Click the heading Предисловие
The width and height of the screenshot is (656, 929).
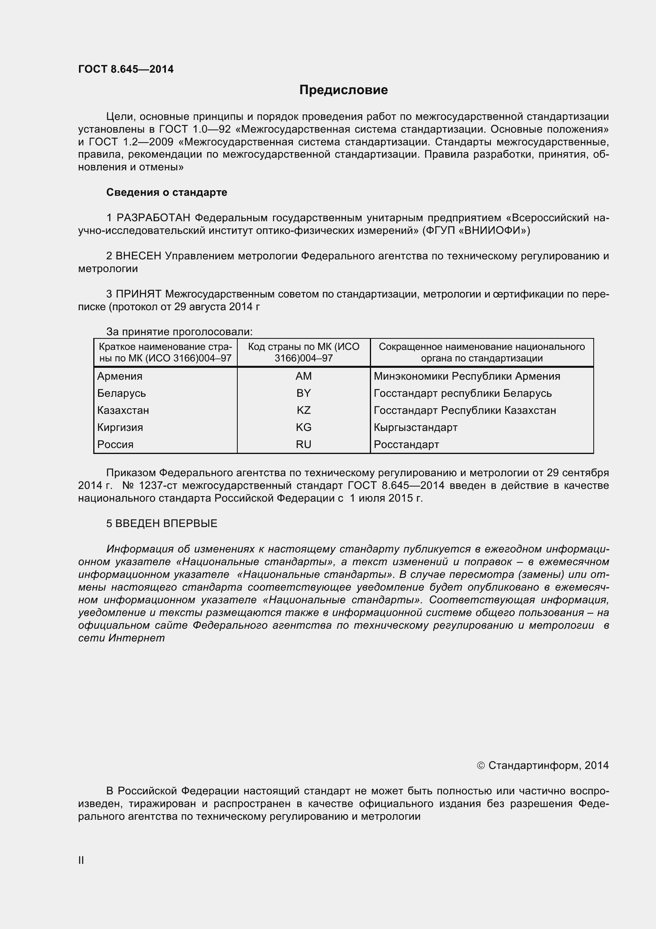point(343,90)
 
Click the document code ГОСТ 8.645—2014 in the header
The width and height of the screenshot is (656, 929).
point(126,69)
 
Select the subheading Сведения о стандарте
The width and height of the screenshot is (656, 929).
point(167,192)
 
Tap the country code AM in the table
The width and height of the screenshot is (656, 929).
point(303,376)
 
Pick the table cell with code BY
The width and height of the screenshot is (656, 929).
point(303,393)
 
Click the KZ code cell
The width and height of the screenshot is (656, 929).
point(303,410)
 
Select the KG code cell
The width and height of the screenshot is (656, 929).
point(303,427)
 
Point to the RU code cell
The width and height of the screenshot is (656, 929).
point(303,444)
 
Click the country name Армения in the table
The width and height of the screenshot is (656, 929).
point(119,376)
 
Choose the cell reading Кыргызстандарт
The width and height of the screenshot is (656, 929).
point(416,427)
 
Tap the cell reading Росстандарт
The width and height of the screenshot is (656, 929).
point(406,444)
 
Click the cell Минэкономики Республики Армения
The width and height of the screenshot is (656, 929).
point(467,376)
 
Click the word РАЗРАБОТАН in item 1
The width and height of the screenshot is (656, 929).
point(153,218)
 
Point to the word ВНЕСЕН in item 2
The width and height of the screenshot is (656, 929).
point(138,256)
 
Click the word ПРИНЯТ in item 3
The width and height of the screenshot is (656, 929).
point(139,294)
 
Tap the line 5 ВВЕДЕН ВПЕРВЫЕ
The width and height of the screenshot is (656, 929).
point(162,523)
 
